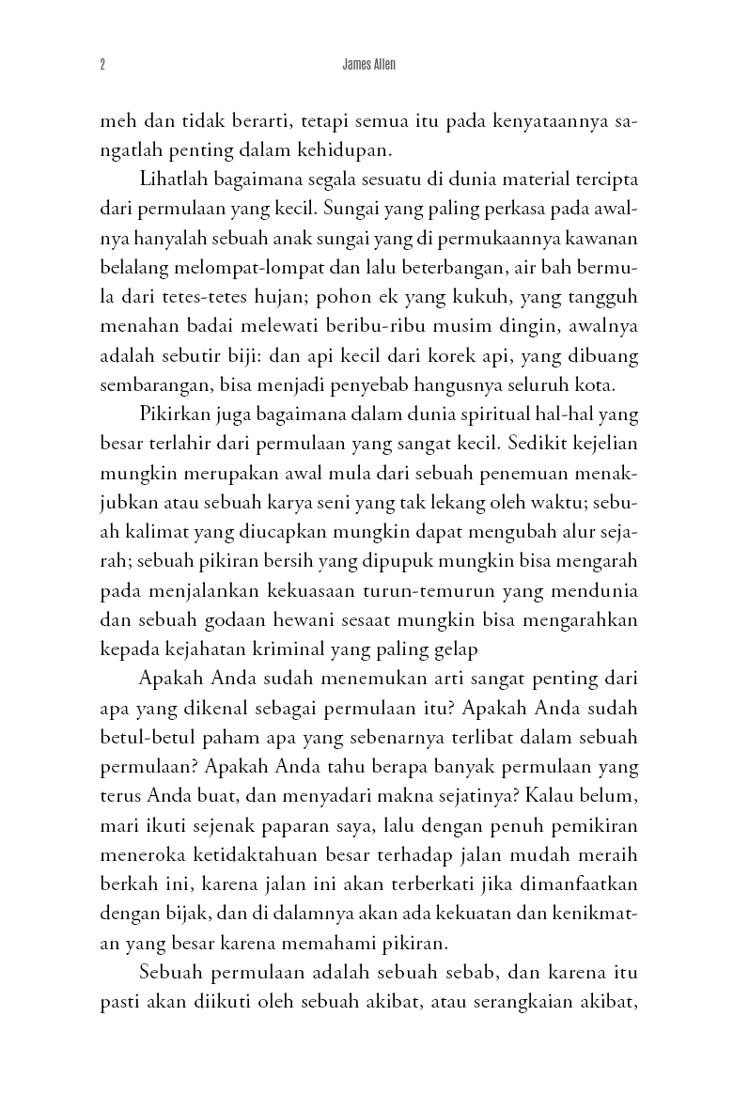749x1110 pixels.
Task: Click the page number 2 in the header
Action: (101, 66)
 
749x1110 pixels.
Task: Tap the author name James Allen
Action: (373, 66)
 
